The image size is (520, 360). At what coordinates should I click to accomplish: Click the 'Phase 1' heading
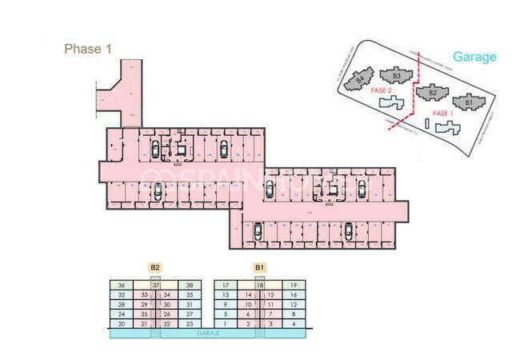click(x=87, y=49)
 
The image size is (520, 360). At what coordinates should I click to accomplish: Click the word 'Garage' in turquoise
click(x=474, y=57)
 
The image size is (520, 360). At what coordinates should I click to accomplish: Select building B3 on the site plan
click(x=396, y=75)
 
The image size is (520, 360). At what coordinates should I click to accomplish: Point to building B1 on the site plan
click(x=467, y=102)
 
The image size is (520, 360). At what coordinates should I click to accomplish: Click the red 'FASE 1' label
click(x=442, y=114)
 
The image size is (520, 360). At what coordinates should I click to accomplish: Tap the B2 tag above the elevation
click(x=155, y=267)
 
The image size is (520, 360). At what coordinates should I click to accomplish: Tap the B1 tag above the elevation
click(x=259, y=267)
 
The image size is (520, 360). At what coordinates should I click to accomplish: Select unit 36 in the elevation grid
click(x=122, y=286)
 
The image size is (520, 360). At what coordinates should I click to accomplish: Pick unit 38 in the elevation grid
click(x=190, y=286)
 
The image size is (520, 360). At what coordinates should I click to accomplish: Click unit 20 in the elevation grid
click(x=122, y=324)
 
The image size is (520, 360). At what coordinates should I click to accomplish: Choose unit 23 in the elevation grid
click(x=190, y=324)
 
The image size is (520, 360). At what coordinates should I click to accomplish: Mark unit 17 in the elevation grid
click(x=226, y=286)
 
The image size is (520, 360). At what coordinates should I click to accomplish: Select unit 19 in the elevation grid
click(x=294, y=286)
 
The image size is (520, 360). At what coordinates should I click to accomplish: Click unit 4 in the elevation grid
click(x=294, y=324)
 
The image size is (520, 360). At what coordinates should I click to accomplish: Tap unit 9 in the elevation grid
click(x=226, y=305)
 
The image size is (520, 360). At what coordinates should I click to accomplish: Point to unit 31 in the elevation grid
click(x=190, y=305)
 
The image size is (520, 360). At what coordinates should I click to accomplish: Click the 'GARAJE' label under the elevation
click(x=210, y=335)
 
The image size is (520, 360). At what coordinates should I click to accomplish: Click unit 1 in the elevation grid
click(x=226, y=324)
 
